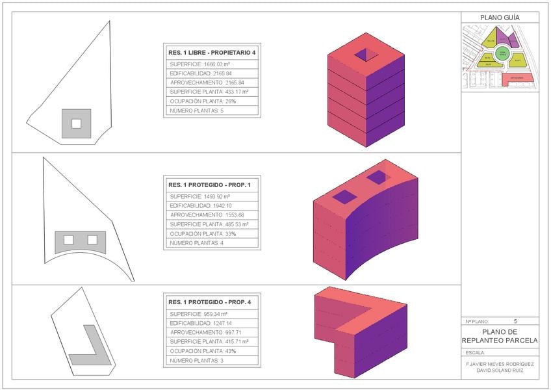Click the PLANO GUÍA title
pyautogui.click(x=499, y=18)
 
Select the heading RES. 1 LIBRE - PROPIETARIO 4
pyautogui.click(x=212, y=52)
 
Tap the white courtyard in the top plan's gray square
pyautogui.click(x=76, y=123)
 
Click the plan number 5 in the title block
pyautogui.click(x=515, y=321)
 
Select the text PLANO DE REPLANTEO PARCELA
pyautogui.click(x=499, y=336)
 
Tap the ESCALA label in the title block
pyautogui.click(x=476, y=352)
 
